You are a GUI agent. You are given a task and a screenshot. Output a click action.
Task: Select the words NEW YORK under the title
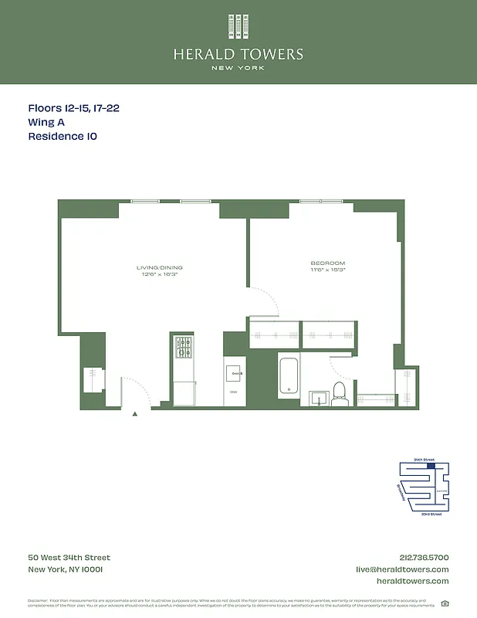click(238, 68)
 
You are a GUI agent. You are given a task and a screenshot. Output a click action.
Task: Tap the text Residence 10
click(63, 136)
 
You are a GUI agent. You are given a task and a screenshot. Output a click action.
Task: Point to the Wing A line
click(46, 122)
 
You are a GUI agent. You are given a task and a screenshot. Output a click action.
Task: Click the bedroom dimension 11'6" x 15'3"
click(328, 270)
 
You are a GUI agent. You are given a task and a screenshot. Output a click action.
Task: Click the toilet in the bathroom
click(340, 394)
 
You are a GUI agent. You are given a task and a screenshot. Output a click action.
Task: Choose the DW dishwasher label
click(234, 392)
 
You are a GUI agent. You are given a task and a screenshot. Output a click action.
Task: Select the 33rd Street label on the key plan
click(431, 514)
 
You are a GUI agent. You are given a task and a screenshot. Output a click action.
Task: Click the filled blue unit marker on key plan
click(431, 466)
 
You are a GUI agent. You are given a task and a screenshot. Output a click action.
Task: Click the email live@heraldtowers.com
click(402, 569)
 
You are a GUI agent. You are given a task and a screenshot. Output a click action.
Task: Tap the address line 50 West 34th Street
click(69, 558)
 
